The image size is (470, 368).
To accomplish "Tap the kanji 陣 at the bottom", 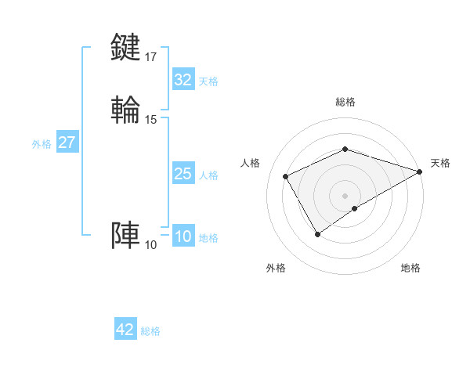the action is point(127,236).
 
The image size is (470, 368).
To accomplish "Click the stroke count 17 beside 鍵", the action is point(150,56).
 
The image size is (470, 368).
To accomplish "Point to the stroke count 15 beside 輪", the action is point(150,120).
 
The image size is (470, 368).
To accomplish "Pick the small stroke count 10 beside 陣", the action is point(150,245).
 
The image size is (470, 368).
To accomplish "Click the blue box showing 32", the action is point(183,80).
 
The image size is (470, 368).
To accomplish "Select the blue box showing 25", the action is point(183,174).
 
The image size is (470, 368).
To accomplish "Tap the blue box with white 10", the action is point(183,236).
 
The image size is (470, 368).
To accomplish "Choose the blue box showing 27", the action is point(67,143).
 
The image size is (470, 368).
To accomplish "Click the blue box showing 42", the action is point(125,330).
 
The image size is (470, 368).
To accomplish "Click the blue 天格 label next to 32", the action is point(208,81).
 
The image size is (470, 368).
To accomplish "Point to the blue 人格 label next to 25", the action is point(208,175).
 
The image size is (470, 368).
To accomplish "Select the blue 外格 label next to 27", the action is point(42,143).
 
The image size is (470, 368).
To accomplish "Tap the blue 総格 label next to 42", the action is point(150,330).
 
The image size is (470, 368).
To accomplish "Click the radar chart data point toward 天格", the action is point(419,172).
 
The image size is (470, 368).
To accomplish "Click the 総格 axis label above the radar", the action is point(345,102).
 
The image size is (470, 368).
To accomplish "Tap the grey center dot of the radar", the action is point(345,195).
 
